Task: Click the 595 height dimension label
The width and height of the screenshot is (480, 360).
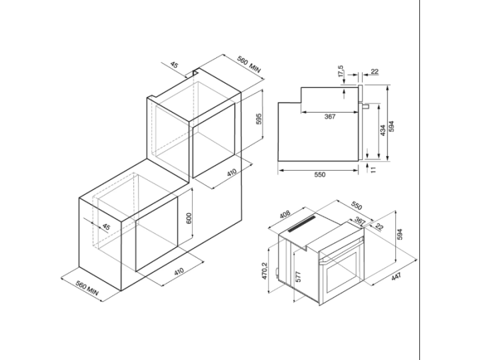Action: pos(259,119)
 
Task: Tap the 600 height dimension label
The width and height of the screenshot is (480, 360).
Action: pos(189,218)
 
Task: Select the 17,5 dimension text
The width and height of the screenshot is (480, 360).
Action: pos(341,71)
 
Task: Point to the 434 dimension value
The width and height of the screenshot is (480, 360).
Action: pos(383,131)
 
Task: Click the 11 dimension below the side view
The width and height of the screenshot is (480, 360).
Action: pos(373,169)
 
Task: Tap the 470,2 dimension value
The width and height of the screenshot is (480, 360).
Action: pos(265,271)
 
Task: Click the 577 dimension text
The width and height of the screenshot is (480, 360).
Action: pos(299,277)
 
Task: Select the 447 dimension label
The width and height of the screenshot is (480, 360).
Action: pos(396,277)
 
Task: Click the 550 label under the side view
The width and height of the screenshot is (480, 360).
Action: pos(320,175)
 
